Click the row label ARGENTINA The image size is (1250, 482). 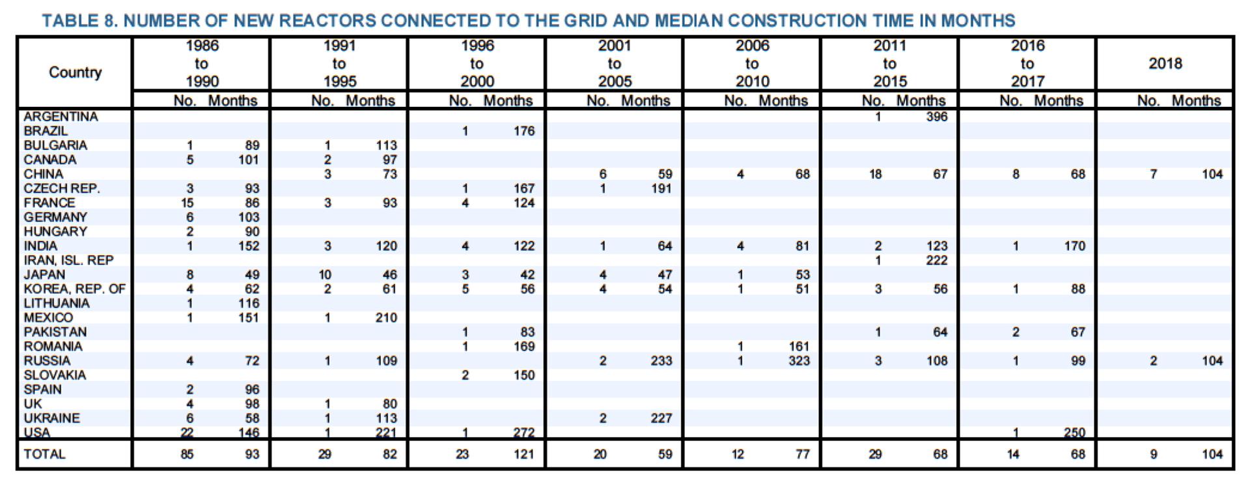[x=61, y=117]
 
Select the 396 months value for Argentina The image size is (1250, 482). [x=936, y=117]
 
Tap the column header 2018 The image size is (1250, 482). [x=1165, y=64]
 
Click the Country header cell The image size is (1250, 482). [x=75, y=72]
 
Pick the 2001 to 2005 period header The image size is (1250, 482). [x=614, y=64]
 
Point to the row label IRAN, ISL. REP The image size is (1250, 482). [x=68, y=260]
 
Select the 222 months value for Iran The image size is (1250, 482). [x=936, y=260]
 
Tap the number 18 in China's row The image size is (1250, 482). [x=876, y=174]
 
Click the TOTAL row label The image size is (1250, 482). [x=44, y=454]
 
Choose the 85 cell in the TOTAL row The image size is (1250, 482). [x=187, y=454]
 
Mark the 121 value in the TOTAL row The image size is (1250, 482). [x=523, y=454]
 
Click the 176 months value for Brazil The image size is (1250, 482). [x=523, y=131]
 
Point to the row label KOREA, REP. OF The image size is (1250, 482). [x=74, y=289]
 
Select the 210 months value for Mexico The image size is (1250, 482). [x=386, y=318]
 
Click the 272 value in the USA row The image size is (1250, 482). [x=523, y=432]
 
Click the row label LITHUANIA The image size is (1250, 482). [x=57, y=304]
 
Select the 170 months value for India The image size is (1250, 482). [x=1074, y=246]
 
